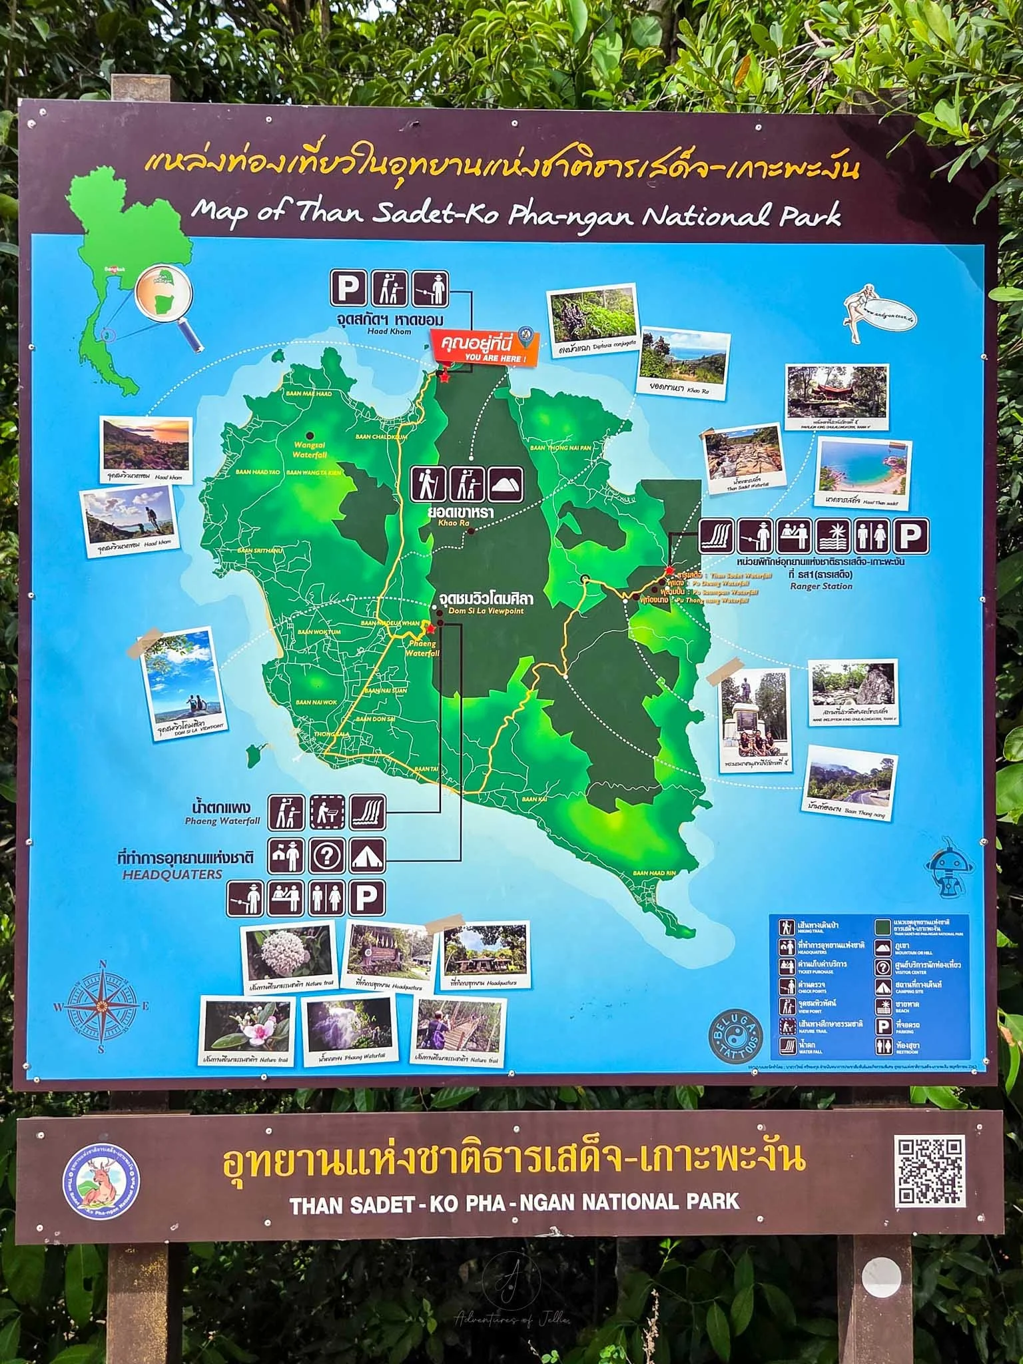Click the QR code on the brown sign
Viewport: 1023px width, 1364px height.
[930, 1172]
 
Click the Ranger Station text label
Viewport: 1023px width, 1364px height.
[821, 586]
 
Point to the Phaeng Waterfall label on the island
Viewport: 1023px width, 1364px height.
[422, 648]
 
